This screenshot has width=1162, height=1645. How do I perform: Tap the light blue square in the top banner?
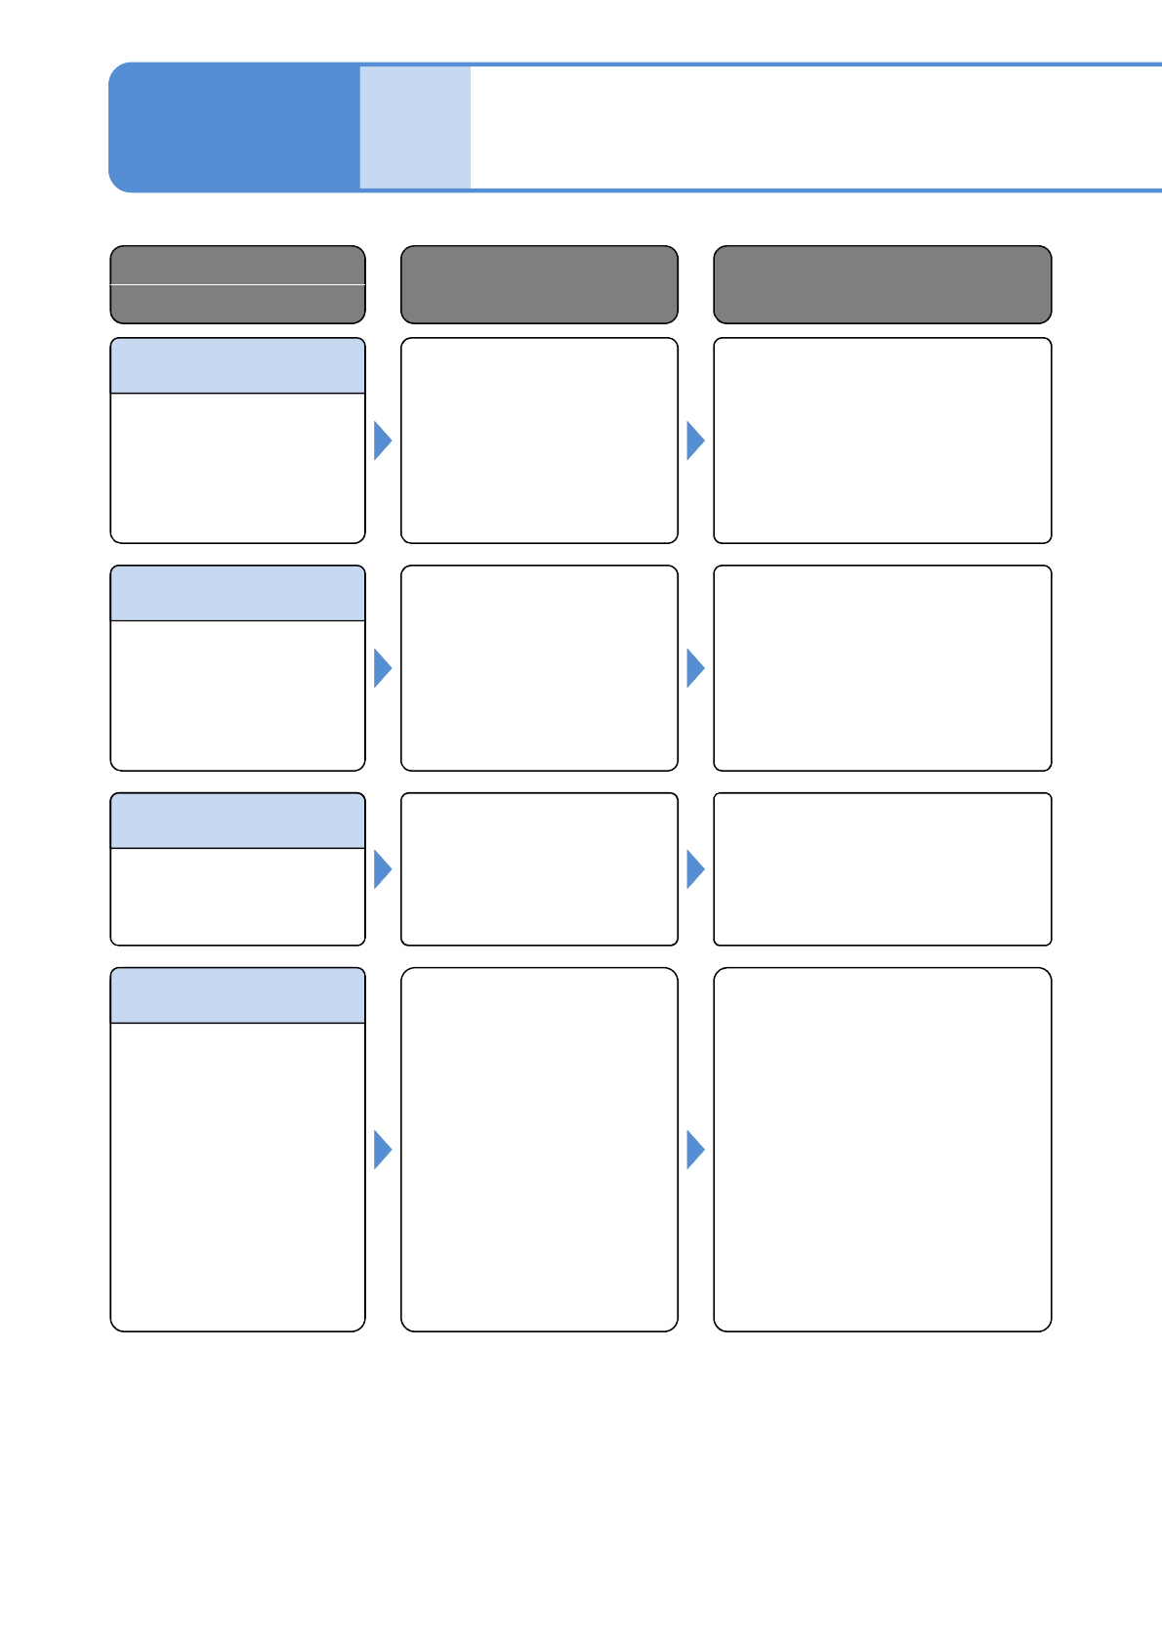point(415,127)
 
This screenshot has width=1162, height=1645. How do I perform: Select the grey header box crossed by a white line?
point(237,284)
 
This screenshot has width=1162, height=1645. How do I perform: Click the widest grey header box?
point(882,284)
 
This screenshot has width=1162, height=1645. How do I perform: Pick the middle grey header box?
point(539,284)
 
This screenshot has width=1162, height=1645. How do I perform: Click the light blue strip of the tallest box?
point(237,995)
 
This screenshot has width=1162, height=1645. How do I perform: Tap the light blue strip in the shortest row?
point(237,821)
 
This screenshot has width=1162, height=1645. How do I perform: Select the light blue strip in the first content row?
point(237,366)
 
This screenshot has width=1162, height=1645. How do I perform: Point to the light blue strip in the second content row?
point(237,593)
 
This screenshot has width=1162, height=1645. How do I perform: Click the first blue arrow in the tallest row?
point(382,1150)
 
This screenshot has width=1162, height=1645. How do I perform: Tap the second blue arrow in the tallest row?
point(694,1150)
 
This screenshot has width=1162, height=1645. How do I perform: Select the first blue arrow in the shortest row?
point(382,869)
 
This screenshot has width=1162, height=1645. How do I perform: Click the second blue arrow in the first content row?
point(694,441)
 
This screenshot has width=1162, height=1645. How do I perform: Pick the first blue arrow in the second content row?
point(382,668)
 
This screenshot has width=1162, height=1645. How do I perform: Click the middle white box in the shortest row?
point(539,869)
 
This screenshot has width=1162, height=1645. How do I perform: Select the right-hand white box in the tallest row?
point(882,1150)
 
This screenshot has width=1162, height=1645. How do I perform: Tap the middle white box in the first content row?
point(539,441)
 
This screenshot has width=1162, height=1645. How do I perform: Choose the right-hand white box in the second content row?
point(882,668)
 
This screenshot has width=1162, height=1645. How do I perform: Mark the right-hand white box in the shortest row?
point(882,869)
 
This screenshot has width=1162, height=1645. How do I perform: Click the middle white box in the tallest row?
point(539,1150)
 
